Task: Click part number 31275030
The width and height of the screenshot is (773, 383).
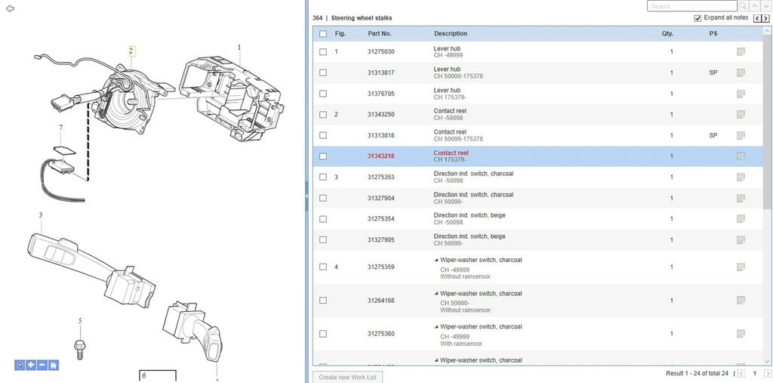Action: coord(380,51)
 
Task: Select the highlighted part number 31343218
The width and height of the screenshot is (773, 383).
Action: coord(380,156)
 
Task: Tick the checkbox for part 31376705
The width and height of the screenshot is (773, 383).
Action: coord(323,94)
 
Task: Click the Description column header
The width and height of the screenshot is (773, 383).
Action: coord(451,34)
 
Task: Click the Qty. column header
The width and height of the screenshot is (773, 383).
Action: coord(667,34)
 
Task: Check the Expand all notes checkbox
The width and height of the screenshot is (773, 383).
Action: coord(698,18)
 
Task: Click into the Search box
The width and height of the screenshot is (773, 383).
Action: coord(691,6)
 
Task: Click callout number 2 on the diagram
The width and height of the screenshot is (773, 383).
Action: coord(131,51)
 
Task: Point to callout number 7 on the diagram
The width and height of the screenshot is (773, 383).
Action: coord(60,128)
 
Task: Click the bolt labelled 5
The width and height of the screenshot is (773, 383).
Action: coord(80,347)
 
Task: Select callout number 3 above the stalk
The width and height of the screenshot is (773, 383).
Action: coord(41,215)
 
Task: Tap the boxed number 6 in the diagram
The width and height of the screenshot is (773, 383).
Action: coord(144,375)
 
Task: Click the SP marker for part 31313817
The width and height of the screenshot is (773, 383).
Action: coord(713,73)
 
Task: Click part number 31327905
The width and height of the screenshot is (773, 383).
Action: coord(380,239)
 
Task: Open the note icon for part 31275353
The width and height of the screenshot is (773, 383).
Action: coord(741,178)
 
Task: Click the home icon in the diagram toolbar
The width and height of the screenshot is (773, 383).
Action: coord(54,366)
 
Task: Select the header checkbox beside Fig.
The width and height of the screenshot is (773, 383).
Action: coord(323,34)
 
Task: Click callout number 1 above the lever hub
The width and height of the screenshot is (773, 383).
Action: coord(239,48)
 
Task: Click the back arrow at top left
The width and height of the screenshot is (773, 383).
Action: coord(11,8)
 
